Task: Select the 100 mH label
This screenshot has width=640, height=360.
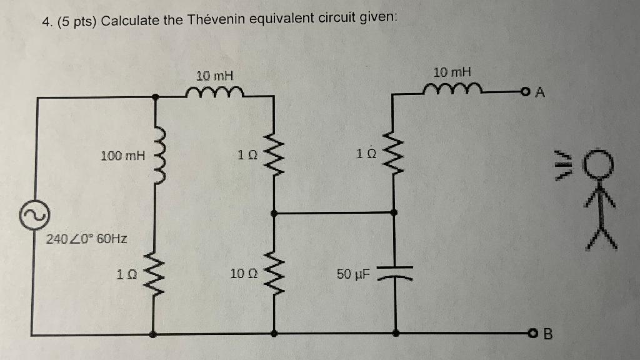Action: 122,154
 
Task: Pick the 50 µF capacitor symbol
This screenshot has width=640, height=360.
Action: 394,273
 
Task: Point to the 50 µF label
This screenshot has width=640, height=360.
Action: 353,274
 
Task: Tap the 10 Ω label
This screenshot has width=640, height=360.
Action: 242,273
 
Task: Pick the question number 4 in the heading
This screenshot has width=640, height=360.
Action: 46,20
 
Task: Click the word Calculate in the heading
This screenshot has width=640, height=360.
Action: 130,19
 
